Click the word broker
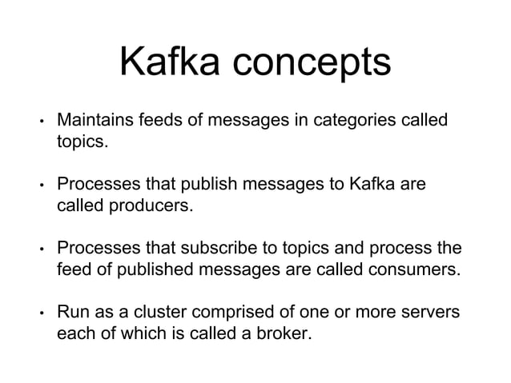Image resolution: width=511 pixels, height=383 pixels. (280, 330)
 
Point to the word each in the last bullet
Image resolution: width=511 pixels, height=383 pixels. (74, 330)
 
